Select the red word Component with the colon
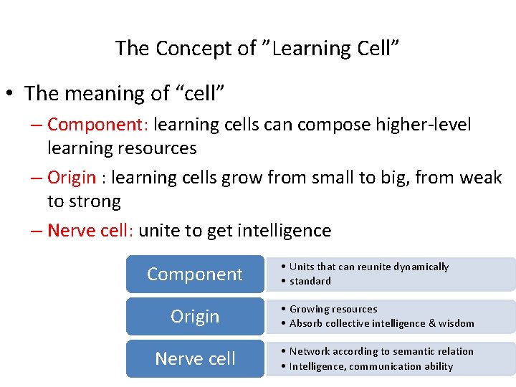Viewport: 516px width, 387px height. pyautogui.click(x=97, y=125)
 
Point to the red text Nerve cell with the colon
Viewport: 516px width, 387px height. pyautogui.click(x=91, y=231)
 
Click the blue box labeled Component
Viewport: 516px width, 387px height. pyautogui.click(x=195, y=274)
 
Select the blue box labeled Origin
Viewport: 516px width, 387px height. pyautogui.click(x=195, y=317)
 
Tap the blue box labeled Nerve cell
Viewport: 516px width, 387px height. pyautogui.click(x=195, y=359)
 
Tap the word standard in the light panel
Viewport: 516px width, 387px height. pyautogui.click(x=310, y=281)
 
